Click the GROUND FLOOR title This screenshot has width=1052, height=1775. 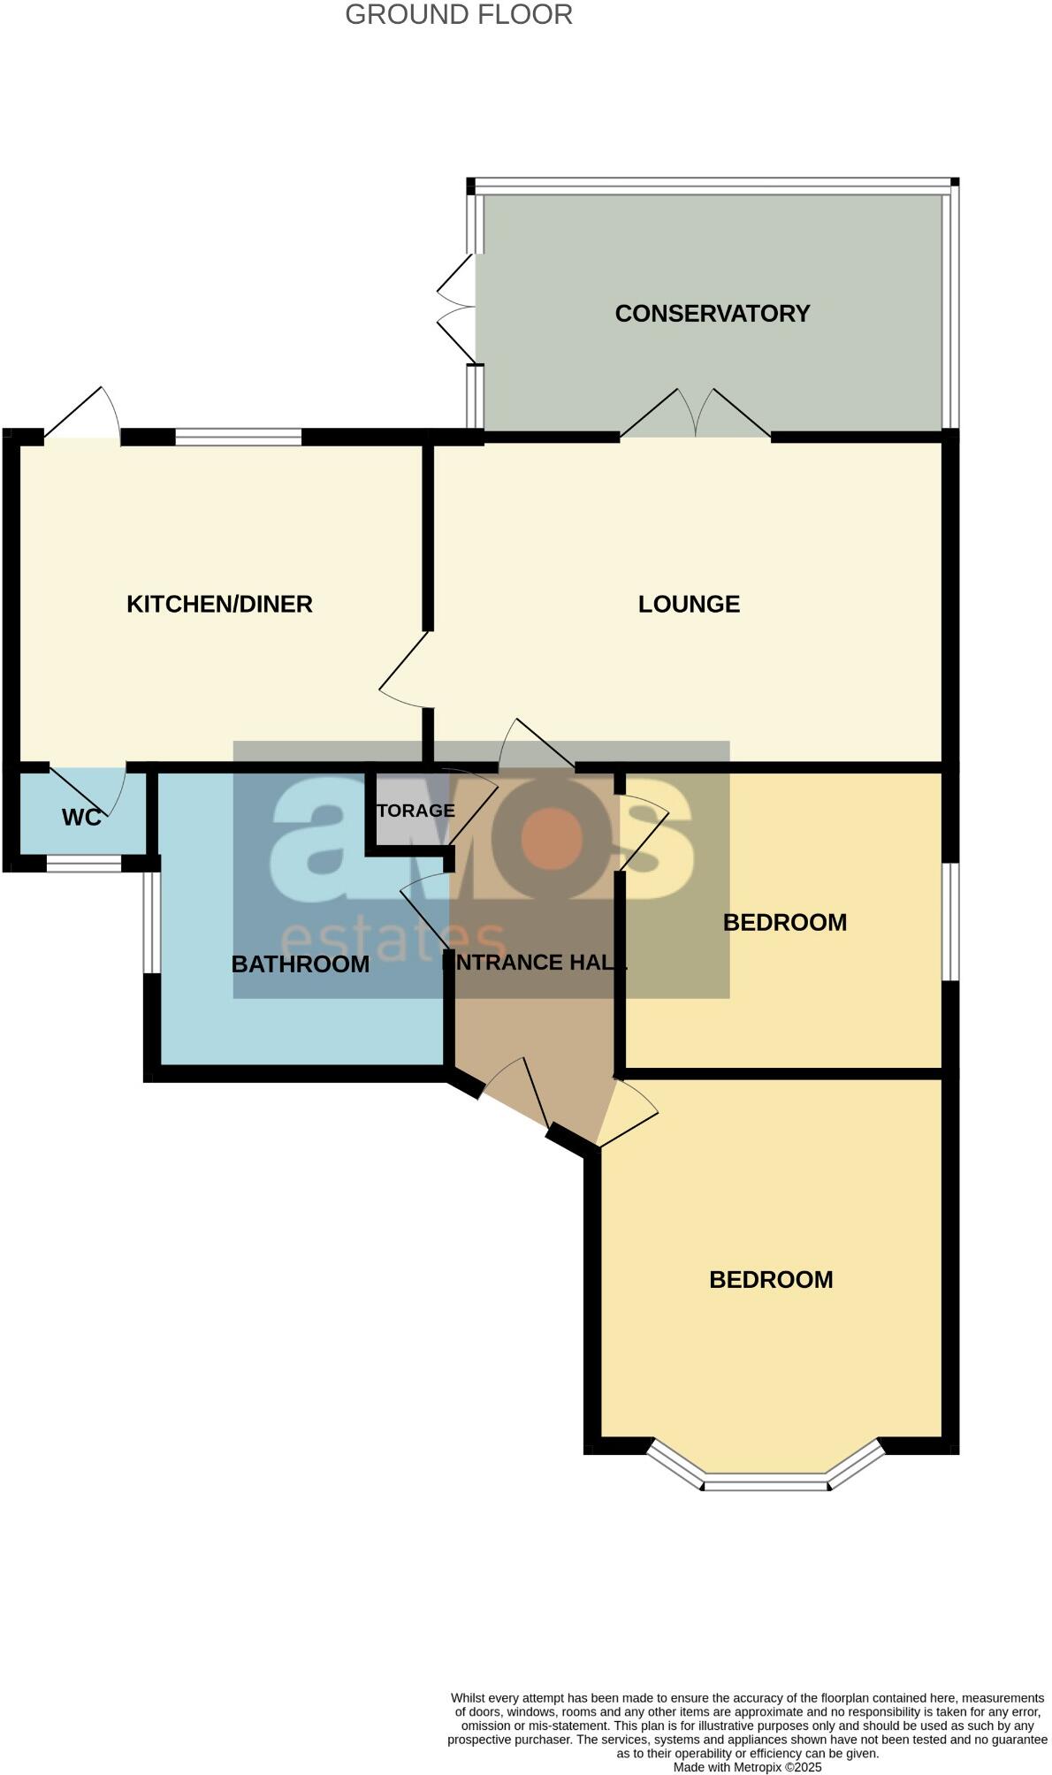point(458,15)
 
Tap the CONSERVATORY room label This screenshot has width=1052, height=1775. point(712,314)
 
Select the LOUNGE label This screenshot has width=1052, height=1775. point(689,605)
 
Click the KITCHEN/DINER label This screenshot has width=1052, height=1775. point(219,605)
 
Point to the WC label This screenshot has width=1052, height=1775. point(81,818)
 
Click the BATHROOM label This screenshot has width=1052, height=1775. point(300,964)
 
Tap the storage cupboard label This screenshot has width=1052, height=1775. point(415,811)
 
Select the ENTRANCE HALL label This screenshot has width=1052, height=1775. point(534,963)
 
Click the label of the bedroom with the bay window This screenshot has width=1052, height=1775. point(771,1280)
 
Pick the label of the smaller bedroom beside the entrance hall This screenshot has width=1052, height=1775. point(784,923)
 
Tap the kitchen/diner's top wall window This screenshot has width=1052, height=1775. point(238,437)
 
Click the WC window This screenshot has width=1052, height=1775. point(83,864)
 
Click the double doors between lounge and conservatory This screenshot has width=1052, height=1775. point(695,415)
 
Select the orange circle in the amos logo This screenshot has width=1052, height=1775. point(552,837)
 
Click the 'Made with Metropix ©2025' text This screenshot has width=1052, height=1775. point(747,1767)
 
